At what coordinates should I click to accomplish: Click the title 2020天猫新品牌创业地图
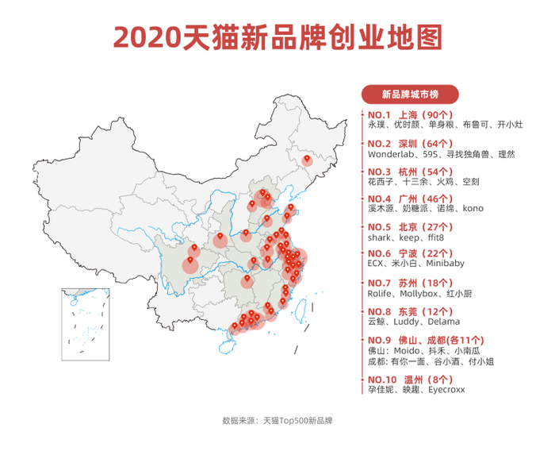click(277, 37)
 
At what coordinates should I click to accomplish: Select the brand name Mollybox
click(415, 293)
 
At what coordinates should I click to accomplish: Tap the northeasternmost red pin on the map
click(308, 160)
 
